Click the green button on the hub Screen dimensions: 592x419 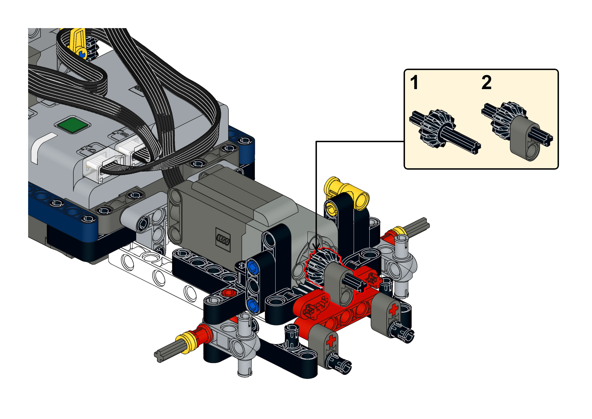click(72, 125)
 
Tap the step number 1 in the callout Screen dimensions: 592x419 click(414, 83)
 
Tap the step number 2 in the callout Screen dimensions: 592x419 click(487, 83)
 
